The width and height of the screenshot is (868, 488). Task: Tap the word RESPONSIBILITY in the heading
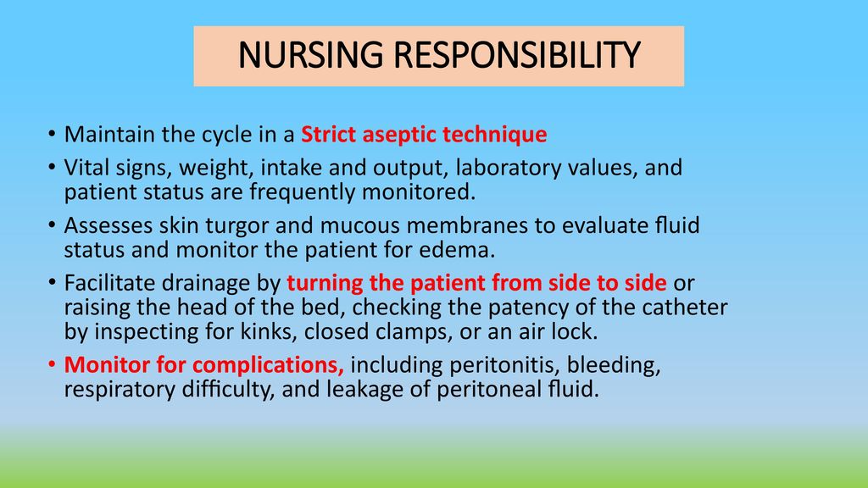tap(517, 55)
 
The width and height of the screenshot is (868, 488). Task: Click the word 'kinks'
tap(269, 331)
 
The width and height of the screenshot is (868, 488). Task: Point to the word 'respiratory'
tap(120, 390)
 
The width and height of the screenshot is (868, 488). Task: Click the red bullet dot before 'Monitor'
tap(52, 364)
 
